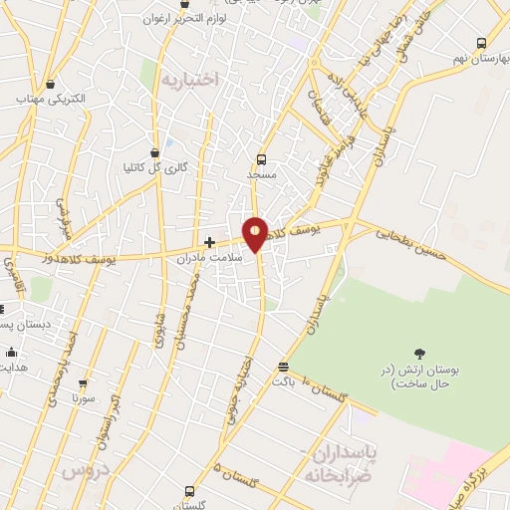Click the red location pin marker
pos(256,234)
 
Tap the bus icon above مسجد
pos(262,158)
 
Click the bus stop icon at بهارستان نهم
pos(482,43)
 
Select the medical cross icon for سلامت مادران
pos(209,241)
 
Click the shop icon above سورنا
pos(83,382)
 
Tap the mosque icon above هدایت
pos(11,352)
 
